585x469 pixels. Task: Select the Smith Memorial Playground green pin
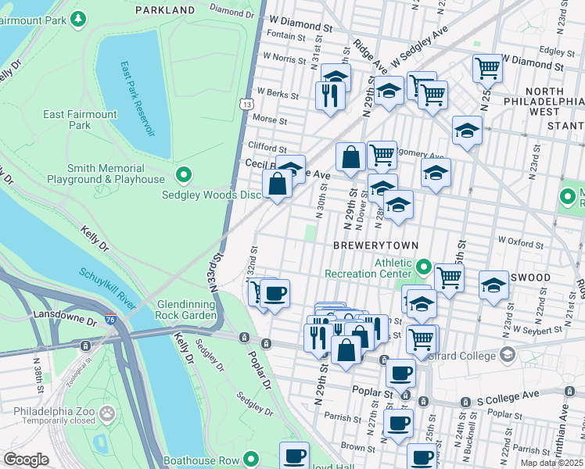[184, 174]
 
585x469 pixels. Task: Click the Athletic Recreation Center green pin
[423, 268]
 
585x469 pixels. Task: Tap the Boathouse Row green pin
[251, 460]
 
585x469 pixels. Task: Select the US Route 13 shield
[247, 104]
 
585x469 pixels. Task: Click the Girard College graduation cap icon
[508, 356]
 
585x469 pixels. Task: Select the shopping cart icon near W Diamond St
[487, 68]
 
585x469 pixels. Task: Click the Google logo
[26, 460]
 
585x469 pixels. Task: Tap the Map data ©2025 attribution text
[552, 463]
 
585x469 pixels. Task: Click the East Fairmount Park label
[80, 120]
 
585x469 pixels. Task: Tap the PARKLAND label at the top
[164, 9]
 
